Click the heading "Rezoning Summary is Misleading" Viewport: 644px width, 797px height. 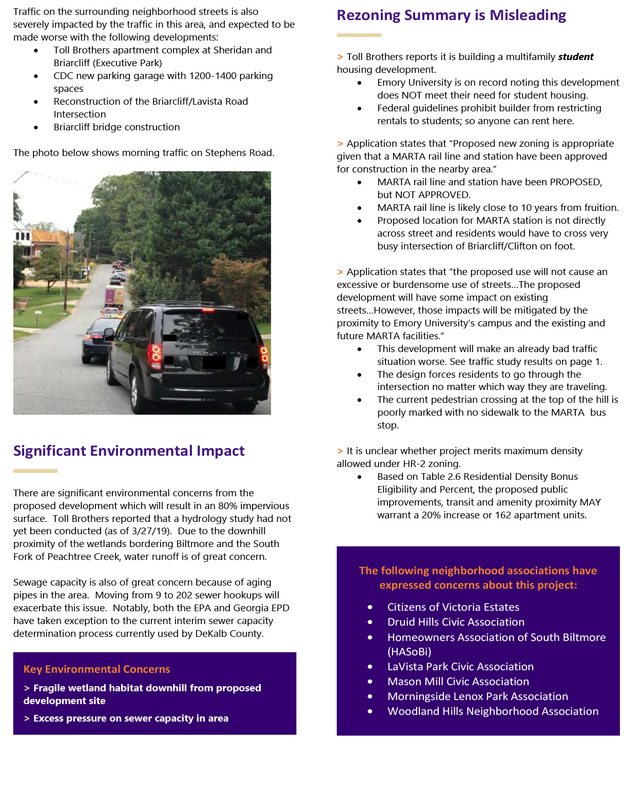(x=451, y=15)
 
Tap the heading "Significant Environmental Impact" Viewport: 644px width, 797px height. (x=129, y=451)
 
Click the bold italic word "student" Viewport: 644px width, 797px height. (x=575, y=57)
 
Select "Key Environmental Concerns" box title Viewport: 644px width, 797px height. (x=96, y=669)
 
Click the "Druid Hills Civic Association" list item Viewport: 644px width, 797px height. (x=456, y=622)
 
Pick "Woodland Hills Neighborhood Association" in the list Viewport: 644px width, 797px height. (x=493, y=711)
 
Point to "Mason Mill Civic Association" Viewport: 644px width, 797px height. (x=458, y=682)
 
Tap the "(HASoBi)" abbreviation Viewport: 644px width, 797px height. (x=409, y=652)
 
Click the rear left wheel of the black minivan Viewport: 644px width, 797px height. (x=135, y=392)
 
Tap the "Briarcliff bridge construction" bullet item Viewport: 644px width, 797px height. (x=116, y=127)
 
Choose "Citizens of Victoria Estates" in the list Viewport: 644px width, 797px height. (x=453, y=607)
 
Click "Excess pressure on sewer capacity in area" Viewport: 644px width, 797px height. (x=131, y=718)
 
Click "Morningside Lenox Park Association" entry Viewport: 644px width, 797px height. (x=477, y=696)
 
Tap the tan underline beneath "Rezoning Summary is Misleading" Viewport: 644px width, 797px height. (x=359, y=35)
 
